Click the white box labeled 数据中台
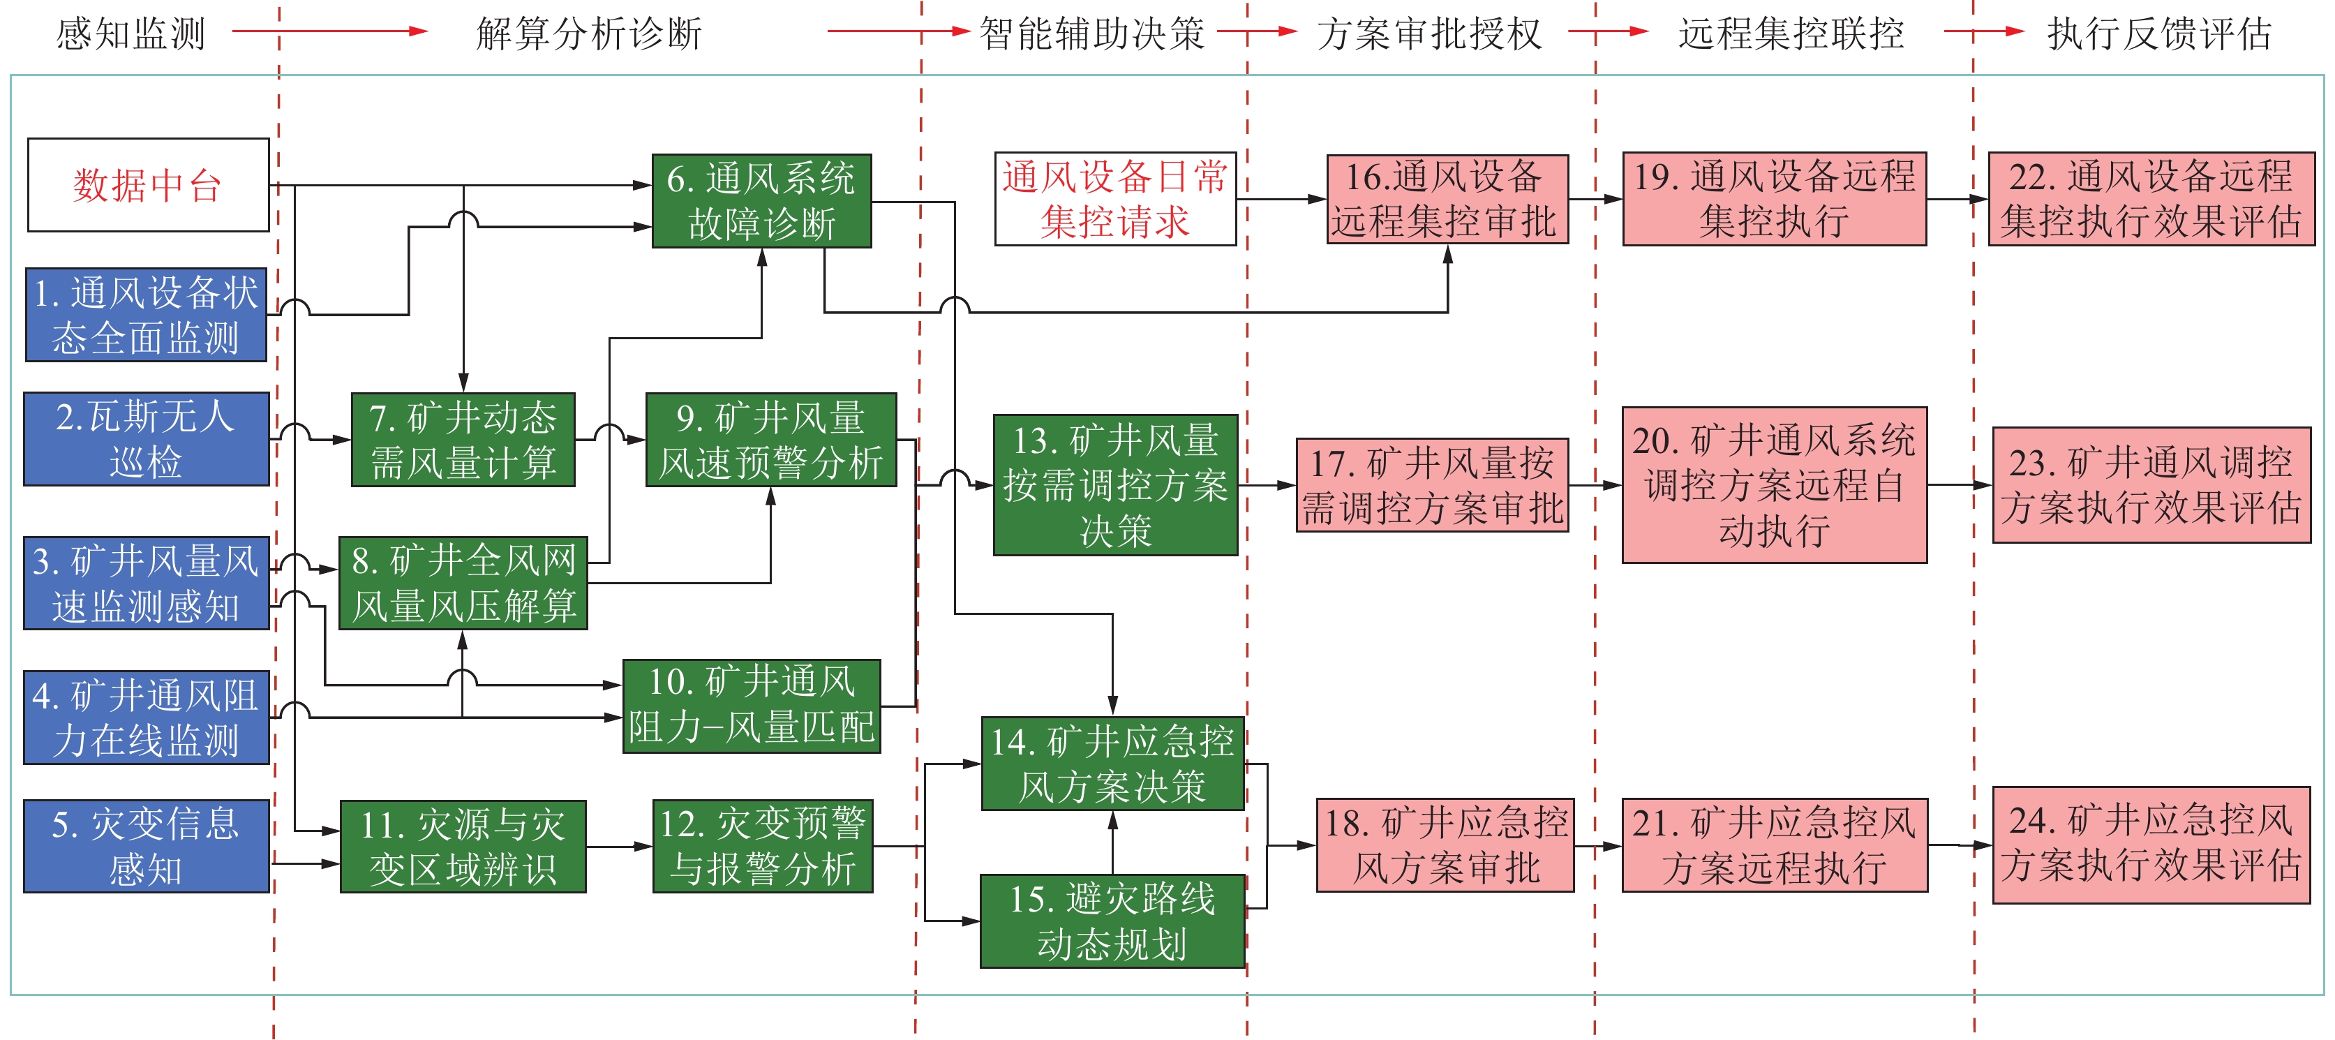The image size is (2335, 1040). point(149,185)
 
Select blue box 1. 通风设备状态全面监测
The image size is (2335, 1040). point(146,315)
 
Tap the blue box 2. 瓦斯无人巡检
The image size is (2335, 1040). point(146,439)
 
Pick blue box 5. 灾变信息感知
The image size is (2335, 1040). point(146,846)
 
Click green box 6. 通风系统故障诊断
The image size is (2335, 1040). point(761,201)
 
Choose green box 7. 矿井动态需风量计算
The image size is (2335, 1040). point(463,440)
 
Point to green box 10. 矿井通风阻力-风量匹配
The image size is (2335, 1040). point(752,706)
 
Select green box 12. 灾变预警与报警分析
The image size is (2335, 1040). point(762,846)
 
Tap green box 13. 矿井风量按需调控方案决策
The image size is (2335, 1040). point(1115,485)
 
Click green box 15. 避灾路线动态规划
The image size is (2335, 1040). point(1112,921)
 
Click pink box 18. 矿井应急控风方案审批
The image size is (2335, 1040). point(1445,845)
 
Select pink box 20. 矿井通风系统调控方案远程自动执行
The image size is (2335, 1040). point(1774,485)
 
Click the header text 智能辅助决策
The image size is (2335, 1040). point(1091,34)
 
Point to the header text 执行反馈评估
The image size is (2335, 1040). point(2159,34)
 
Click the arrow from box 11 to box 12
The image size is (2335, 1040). point(619,847)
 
